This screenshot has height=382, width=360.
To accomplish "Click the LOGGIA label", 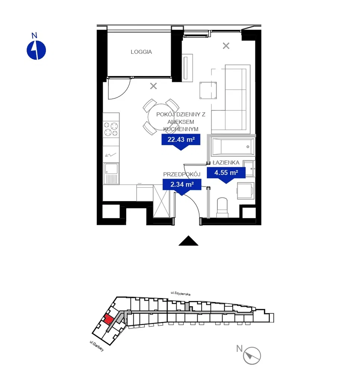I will tap(141, 52).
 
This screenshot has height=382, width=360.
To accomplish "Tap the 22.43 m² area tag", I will tap(181, 140).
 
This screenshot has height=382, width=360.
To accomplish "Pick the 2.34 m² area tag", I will tap(182, 184).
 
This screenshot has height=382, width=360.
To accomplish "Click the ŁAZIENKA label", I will tap(226, 163).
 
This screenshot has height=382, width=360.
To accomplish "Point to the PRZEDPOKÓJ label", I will tap(182, 174).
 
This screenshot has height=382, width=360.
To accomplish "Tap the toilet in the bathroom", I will tap(222, 207).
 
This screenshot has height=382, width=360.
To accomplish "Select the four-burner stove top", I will tap(111, 129).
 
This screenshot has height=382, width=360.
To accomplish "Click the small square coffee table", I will tap(208, 90).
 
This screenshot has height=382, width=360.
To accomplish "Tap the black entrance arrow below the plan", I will tap(188, 241).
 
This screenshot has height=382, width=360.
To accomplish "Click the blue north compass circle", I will tap(36, 50).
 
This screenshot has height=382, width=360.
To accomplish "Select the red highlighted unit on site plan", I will tap(109, 319).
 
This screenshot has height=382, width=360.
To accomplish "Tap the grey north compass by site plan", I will tap(252, 356).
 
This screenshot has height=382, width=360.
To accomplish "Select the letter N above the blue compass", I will tap(34, 36).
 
